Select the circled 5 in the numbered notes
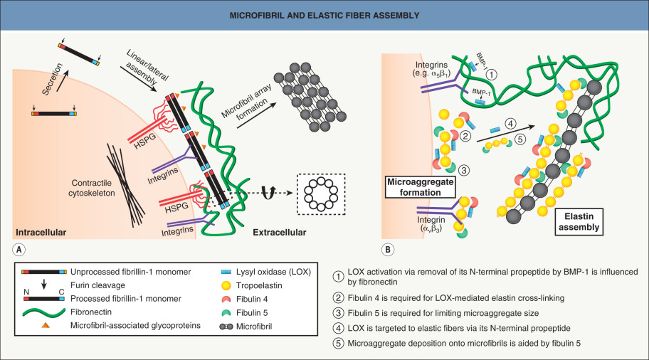click(337, 345)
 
